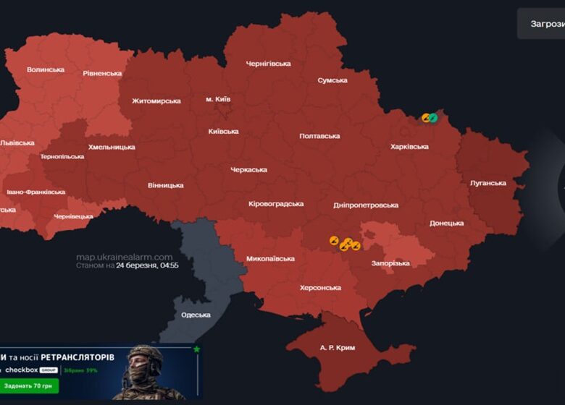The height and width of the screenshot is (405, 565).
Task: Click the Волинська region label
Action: [x=45, y=69]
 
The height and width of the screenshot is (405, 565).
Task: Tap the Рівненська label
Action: [x=102, y=73]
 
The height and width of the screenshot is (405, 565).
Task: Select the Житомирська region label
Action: [x=156, y=101]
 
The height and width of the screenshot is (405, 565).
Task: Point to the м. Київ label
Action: [x=219, y=98]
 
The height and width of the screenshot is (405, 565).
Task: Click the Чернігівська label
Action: [x=268, y=64]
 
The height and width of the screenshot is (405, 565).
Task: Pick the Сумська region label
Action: [x=332, y=80]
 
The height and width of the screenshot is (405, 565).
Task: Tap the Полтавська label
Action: [x=319, y=136]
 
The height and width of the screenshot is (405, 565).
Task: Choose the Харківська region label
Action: [x=409, y=146]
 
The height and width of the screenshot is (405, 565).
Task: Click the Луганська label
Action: [x=487, y=183]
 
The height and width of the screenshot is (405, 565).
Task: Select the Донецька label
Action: [x=446, y=223]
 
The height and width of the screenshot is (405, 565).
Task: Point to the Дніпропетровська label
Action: [x=366, y=205]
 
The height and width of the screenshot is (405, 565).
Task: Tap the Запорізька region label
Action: [x=390, y=263]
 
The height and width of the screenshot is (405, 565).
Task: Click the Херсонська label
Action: [x=320, y=288]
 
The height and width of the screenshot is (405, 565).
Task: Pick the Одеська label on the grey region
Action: [x=196, y=315]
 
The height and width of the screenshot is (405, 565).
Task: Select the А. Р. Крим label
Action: [x=338, y=348]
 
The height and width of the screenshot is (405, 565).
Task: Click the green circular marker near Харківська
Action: [x=433, y=117]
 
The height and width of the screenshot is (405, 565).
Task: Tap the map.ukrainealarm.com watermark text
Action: [x=125, y=257]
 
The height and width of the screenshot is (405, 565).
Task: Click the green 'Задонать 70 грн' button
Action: [x=30, y=386]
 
